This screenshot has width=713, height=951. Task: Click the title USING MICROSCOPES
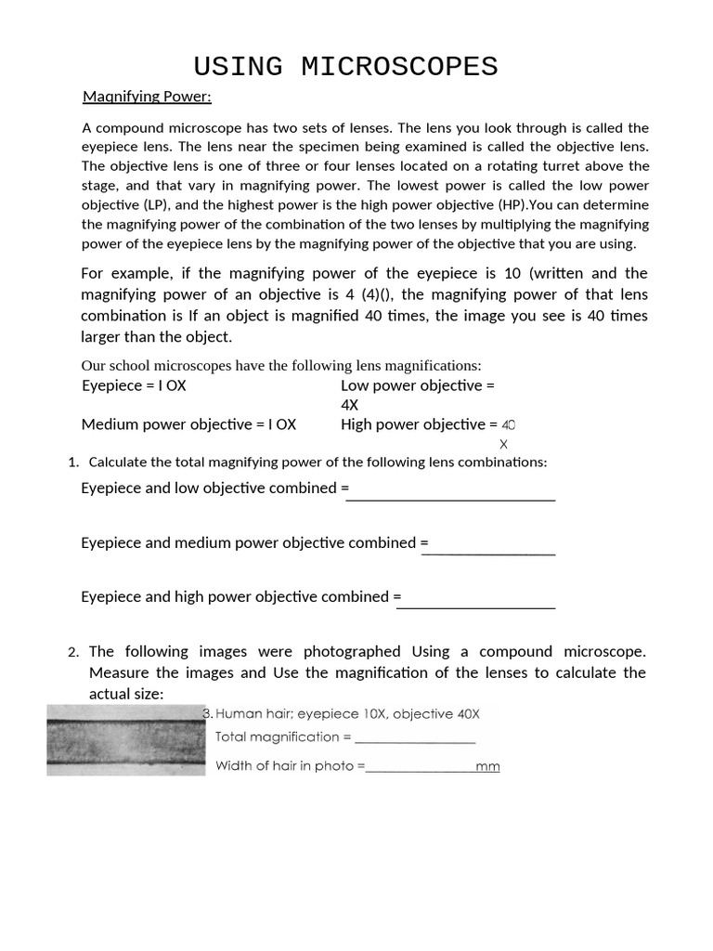coord(345,67)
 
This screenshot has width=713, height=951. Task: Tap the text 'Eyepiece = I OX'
coord(134,385)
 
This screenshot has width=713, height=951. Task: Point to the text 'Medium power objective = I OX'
coord(188,424)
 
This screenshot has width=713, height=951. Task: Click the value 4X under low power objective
coord(350,405)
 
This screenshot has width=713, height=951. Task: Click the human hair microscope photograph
coord(125,740)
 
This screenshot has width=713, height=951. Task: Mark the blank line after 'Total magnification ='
coord(415,739)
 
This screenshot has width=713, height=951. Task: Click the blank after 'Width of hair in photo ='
coord(421,768)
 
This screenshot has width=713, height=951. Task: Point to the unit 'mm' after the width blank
coord(487,767)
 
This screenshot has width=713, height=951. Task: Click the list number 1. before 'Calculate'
coord(73,462)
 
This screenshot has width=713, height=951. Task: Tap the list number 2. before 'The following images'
coord(73,652)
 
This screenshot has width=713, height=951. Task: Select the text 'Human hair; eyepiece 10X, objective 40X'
coord(348,714)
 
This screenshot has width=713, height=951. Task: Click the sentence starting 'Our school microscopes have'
coord(281,365)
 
